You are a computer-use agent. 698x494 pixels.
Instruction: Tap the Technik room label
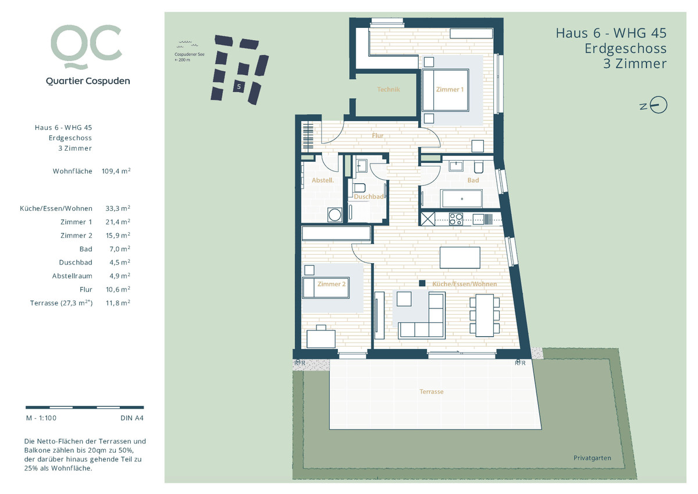(x=389, y=90)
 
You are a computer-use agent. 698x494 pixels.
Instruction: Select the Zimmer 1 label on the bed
(x=450, y=90)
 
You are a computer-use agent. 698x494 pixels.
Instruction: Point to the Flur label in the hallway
(x=378, y=136)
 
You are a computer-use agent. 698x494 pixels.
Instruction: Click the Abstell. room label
(x=322, y=180)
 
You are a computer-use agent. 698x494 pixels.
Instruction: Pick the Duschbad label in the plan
(x=369, y=197)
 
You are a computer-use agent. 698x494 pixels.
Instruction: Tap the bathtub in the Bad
(x=462, y=198)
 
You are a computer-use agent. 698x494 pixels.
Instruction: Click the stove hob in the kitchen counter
(x=456, y=219)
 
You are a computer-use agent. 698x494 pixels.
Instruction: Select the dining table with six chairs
(x=485, y=315)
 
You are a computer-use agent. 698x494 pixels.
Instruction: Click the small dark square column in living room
(x=422, y=283)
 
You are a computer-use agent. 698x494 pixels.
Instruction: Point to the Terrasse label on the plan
(x=431, y=392)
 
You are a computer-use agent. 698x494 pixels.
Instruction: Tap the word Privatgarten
(x=592, y=458)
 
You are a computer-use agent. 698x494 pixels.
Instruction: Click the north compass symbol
(x=654, y=105)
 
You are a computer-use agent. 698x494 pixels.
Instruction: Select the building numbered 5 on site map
(x=239, y=86)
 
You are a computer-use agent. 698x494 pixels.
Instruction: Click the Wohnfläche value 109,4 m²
(x=116, y=171)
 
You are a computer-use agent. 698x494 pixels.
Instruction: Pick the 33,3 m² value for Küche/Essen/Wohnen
(x=117, y=208)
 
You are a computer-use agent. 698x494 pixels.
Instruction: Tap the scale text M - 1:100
(x=41, y=418)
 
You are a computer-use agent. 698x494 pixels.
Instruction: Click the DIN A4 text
(x=132, y=418)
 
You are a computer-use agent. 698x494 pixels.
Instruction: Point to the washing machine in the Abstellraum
(x=334, y=215)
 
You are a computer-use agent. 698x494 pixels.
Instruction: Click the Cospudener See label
(x=190, y=54)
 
